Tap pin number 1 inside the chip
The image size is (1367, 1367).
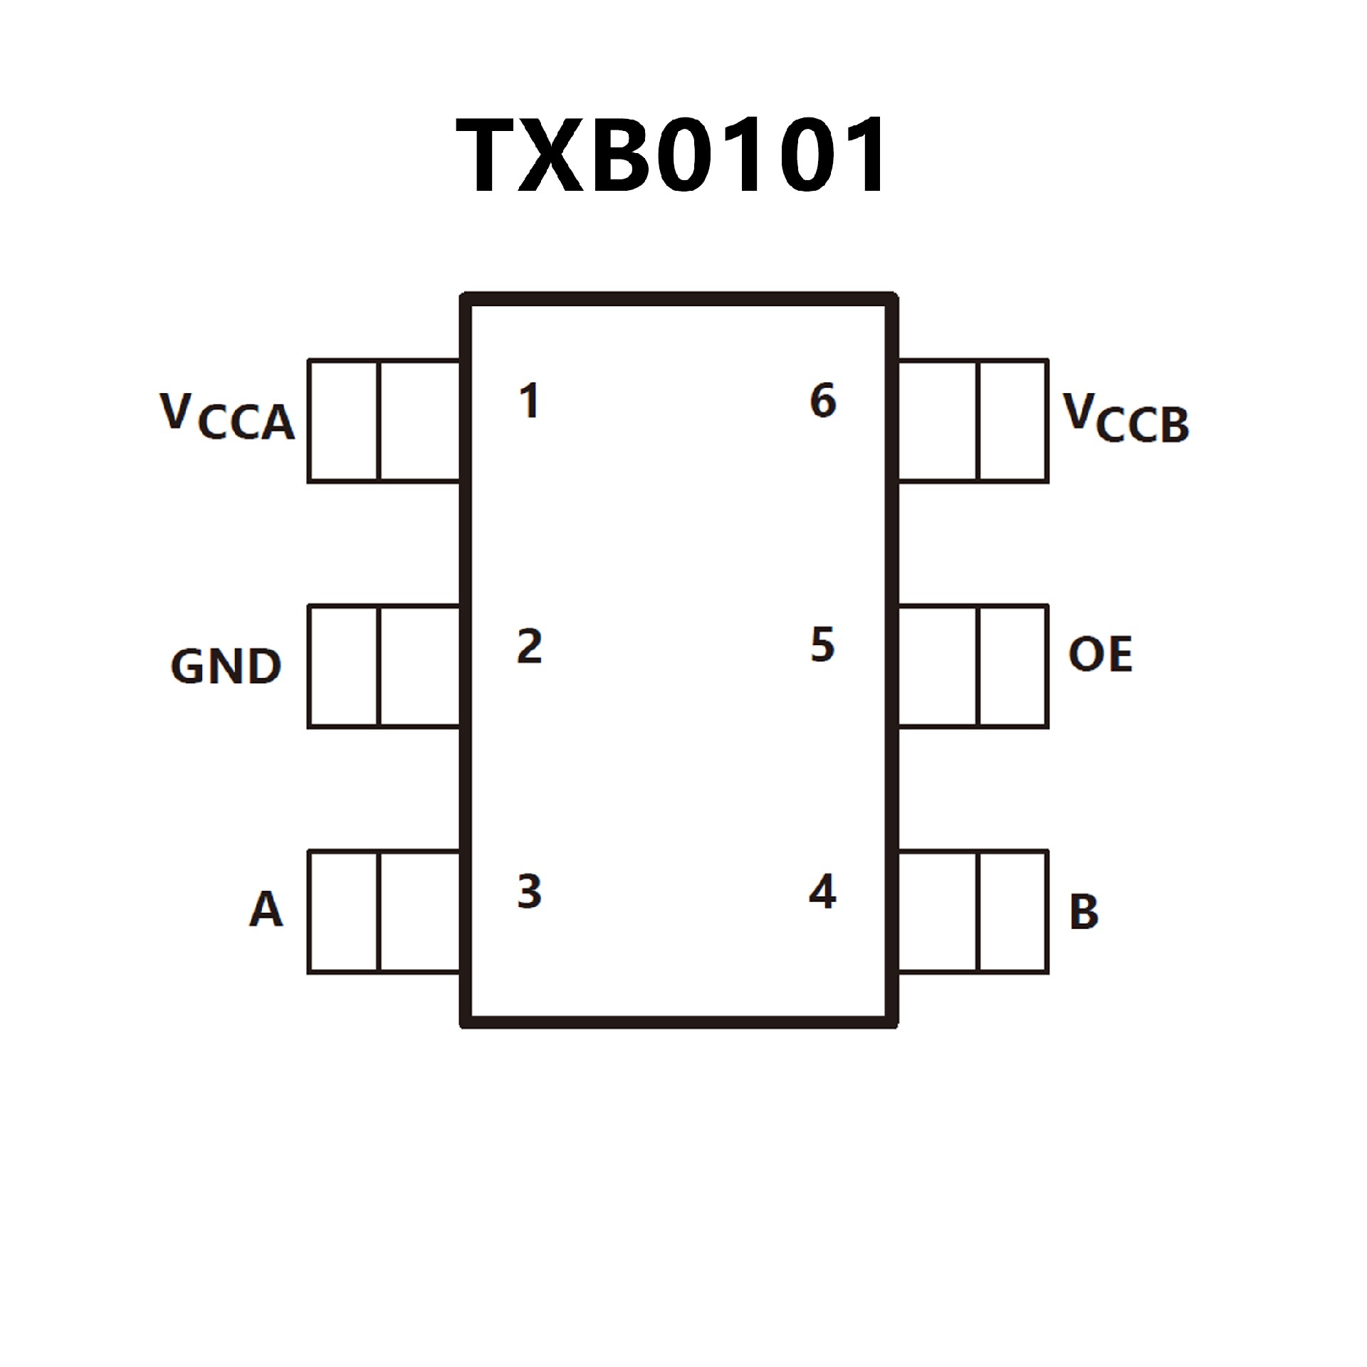(x=529, y=401)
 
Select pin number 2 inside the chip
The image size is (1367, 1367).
(x=529, y=646)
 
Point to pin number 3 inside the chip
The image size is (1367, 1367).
(x=529, y=891)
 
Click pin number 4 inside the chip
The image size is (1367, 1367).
(x=822, y=891)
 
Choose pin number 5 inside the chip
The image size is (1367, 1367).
(x=822, y=645)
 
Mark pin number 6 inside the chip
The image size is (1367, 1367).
(x=823, y=400)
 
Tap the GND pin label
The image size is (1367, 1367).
(x=226, y=667)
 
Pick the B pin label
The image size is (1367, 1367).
(x=1084, y=912)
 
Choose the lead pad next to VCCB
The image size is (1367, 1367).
(x=973, y=421)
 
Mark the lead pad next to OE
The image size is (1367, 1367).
(x=973, y=666)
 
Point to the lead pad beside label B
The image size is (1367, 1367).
(x=973, y=911)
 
